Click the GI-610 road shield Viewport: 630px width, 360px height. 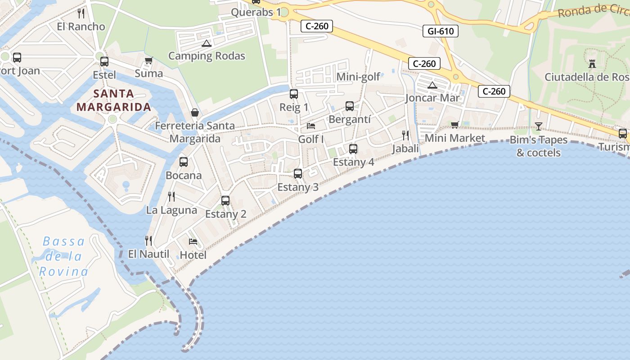point(441,31)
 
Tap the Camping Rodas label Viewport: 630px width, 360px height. point(207,56)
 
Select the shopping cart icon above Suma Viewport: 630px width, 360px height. point(148,60)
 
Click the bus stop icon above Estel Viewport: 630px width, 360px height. point(104,62)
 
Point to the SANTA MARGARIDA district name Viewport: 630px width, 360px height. point(113,100)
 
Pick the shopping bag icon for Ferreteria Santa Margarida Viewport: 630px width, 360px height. point(195,112)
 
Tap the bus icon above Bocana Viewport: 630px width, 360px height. point(184,162)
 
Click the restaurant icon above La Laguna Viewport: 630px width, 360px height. point(171,197)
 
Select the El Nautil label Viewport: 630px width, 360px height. point(148,254)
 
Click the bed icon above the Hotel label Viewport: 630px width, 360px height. point(193,242)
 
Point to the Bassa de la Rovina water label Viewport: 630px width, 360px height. point(63,256)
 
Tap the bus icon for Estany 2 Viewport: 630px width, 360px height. point(225,201)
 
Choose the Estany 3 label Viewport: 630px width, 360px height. point(298,187)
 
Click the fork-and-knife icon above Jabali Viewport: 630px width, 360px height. point(405,135)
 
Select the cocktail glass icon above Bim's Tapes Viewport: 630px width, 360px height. point(539,126)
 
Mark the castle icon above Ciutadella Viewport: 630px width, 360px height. point(592,64)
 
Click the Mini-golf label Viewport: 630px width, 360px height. point(358,77)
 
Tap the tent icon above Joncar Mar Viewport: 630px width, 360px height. point(432,85)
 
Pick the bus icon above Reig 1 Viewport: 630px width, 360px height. point(294,94)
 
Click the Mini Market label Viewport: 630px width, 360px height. point(455,138)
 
